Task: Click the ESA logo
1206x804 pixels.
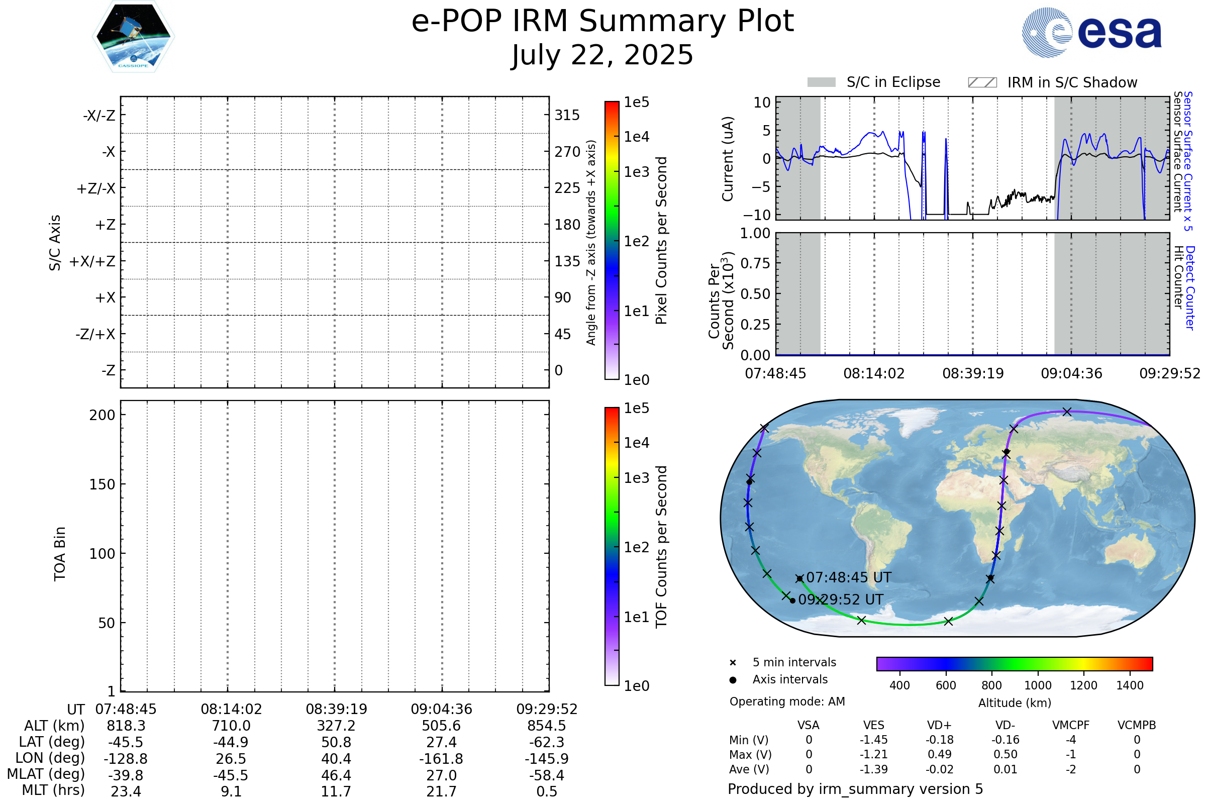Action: tap(1091, 32)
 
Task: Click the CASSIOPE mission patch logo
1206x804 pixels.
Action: tap(133, 36)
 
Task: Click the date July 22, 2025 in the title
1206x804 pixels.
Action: tap(602, 55)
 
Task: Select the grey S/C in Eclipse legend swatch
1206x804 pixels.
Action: tap(822, 82)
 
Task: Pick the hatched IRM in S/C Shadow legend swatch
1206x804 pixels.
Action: tap(982, 82)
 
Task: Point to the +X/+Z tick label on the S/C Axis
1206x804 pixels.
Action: tap(92, 261)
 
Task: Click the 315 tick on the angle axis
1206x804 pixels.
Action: tap(567, 115)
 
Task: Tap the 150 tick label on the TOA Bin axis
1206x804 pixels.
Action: tap(103, 484)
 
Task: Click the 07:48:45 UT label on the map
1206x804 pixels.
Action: tap(849, 578)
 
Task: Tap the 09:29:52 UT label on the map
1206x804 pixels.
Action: tap(841, 600)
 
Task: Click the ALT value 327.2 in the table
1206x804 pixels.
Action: tap(336, 726)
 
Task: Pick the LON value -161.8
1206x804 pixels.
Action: tap(442, 759)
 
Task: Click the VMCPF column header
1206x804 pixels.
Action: tap(1071, 726)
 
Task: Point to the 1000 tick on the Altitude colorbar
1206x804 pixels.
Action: tap(1038, 685)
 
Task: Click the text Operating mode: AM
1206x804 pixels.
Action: tap(787, 701)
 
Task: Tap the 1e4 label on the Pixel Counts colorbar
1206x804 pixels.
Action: tap(636, 137)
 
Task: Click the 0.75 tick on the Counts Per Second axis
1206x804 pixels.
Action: tap(755, 263)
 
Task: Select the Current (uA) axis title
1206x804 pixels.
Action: tap(728, 159)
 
